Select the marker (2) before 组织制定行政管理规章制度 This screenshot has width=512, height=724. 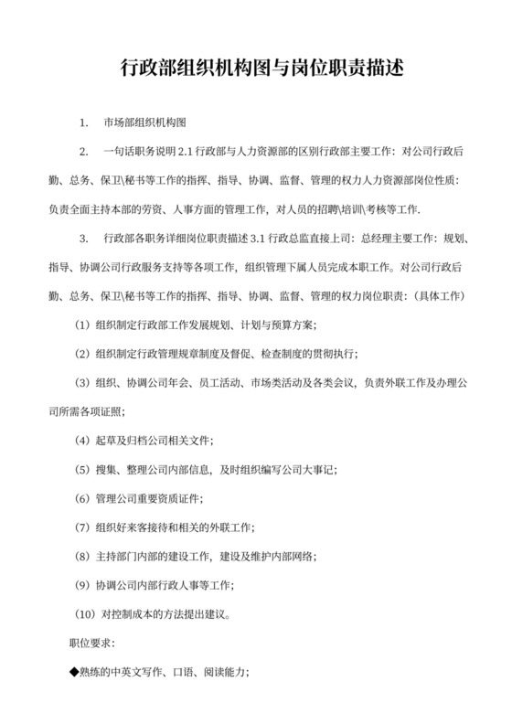[80, 355]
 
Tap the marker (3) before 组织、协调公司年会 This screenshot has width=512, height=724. [80, 383]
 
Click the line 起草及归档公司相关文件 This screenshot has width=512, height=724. [155, 441]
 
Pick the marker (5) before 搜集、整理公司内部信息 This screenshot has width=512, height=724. [80, 470]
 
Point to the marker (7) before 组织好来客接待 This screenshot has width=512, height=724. [80, 527]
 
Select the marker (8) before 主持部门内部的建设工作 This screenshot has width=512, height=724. [80, 557]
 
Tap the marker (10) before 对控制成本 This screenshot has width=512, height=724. [83, 614]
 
